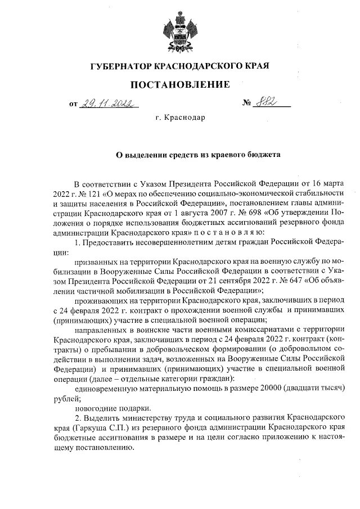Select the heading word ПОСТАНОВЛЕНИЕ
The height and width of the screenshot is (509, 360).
pos(180,85)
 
